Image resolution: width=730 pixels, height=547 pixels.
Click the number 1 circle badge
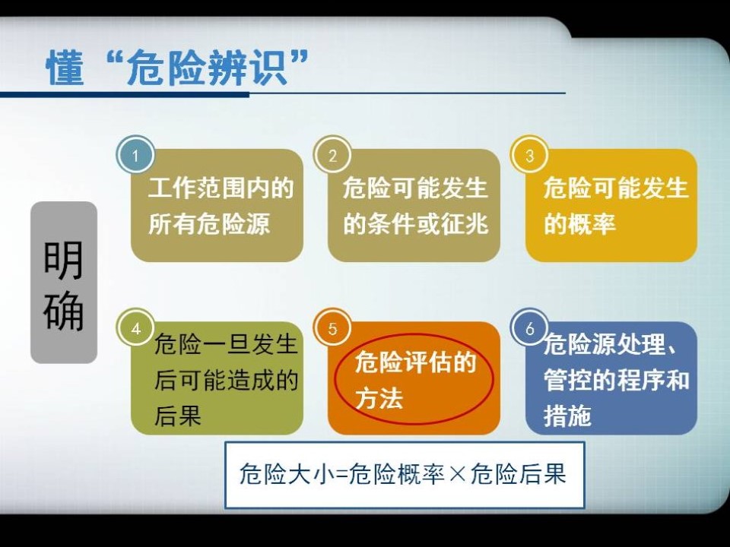tap(135, 155)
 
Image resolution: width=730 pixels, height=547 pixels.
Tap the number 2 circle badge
tap(332, 155)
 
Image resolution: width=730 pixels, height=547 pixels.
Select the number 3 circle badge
tap(529, 155)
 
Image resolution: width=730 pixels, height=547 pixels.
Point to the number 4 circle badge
tap(135, 328)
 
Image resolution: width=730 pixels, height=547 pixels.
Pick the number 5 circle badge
tap(332, 328)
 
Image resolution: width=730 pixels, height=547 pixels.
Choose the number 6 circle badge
tap(530, 328)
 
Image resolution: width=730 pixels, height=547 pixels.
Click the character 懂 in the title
tap(65, 68)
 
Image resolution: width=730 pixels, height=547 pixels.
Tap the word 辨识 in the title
tap(248, 68)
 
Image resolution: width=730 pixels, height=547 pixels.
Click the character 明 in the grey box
tap(63, 260)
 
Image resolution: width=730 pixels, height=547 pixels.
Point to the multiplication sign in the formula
tap(458, 474)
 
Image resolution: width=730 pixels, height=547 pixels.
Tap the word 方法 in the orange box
tap(379, 399)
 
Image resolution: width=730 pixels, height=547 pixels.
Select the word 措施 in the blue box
tap(567, 416)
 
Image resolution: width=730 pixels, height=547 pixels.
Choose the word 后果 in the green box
tap(178, 416)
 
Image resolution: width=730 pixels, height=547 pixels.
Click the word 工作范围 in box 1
tap(196, 188)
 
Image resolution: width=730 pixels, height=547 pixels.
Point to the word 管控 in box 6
tap(567, 380)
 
